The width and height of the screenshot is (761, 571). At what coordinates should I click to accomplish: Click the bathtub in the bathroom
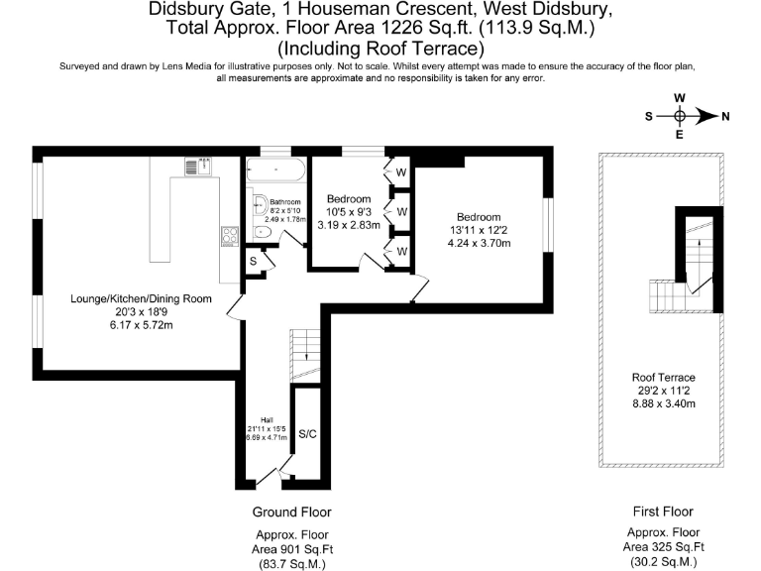(275, 170)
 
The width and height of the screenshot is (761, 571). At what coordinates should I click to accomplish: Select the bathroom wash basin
(261, 205)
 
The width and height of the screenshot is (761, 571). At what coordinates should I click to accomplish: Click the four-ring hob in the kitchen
(230, 236)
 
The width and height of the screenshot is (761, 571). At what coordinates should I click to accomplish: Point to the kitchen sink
(198, 167)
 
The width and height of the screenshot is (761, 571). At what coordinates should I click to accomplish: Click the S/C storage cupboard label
(308, 434)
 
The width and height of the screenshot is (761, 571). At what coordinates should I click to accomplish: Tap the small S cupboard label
(253, 262)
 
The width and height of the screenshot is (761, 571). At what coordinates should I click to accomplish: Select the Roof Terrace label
(664, 378)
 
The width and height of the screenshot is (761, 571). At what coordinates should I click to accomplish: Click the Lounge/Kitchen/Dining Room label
(142, 298)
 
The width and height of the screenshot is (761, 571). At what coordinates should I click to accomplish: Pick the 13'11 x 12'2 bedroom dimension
(478, 230)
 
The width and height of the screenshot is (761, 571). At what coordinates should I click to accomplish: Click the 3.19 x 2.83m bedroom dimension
(349, 225)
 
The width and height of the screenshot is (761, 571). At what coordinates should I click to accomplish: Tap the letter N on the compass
(725, 117)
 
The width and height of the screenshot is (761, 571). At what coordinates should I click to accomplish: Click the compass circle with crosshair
(680, 117)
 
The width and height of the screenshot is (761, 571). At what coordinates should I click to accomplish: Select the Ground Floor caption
(291, 512)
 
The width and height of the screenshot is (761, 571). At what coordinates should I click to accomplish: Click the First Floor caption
(663, 512)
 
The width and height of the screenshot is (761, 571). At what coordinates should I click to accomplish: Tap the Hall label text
(267, 420)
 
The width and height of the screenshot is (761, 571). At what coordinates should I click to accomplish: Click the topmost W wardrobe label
(401, 172)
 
